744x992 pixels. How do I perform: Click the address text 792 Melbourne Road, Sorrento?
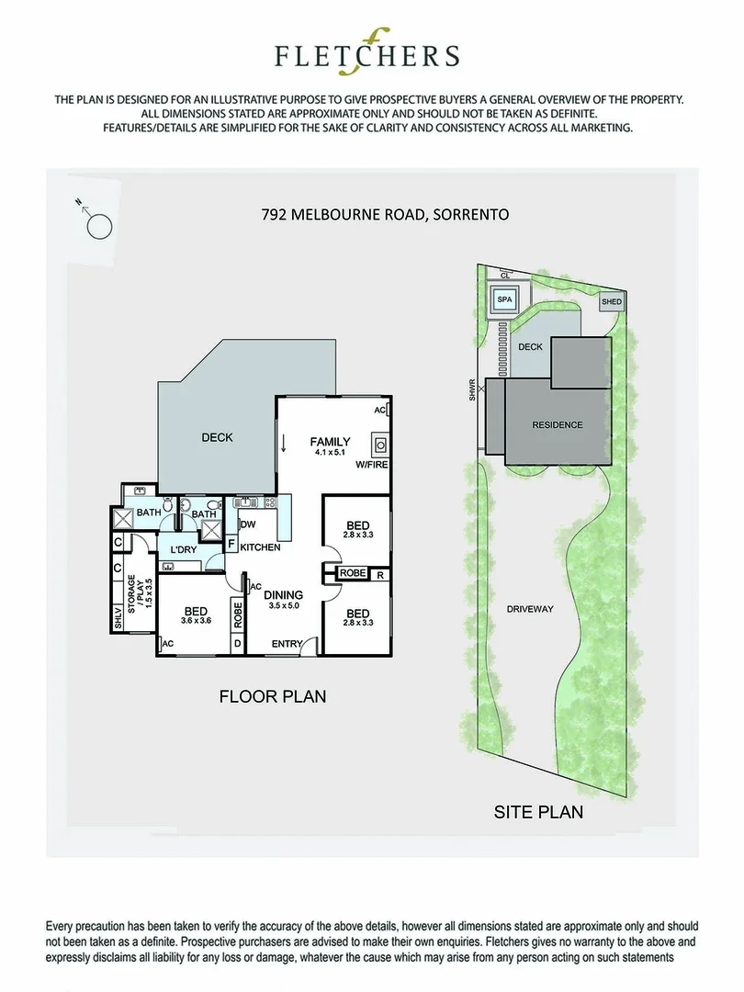click(386, 215)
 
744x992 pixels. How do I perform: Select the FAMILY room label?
click(329, 442)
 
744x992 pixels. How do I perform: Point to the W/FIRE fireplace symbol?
click(380, 447)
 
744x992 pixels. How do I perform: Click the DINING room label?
click(283, 594)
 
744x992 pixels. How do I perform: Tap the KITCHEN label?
click(260, 547)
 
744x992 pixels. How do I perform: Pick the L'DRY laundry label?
click(184, 550)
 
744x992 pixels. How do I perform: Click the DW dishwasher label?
click(247, 524)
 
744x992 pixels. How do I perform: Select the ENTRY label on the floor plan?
click(287, 644)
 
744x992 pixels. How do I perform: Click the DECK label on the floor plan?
click(217, 437)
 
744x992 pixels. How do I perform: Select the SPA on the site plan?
click(504, 299)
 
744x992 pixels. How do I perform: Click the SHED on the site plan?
click(611, 302)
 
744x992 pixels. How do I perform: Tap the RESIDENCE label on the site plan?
click(557, 425)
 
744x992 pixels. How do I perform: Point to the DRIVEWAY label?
click(529, 609)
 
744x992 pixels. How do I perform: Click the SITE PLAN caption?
click(538, 812)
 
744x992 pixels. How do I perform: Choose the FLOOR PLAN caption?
click(272, 696)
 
